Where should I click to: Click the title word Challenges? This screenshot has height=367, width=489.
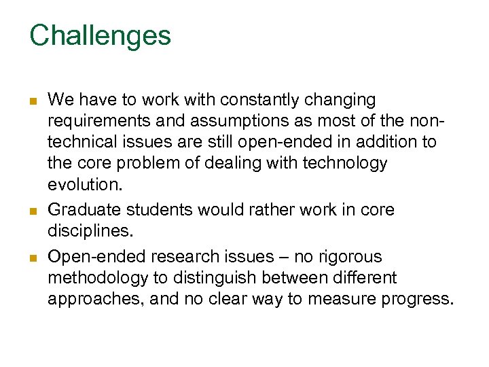click(x=100, y=35)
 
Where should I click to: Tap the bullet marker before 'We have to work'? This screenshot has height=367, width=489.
click(x=33, y=101)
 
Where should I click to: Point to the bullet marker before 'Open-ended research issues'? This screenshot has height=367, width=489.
click(x=33, y=258)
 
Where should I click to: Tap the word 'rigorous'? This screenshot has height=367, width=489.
click(x=350, y=257)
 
